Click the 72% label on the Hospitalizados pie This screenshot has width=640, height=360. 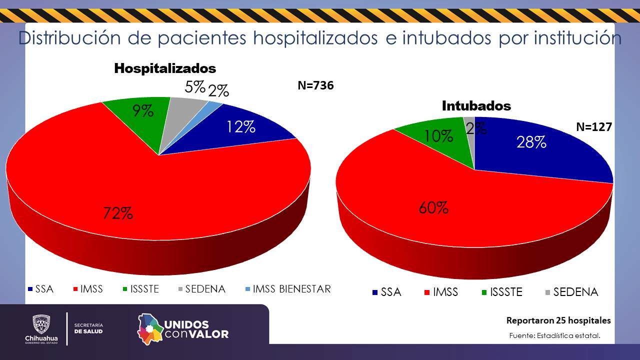point(118,213)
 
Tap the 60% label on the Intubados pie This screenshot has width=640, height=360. point(433,207)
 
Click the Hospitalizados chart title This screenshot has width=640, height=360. point(165,68)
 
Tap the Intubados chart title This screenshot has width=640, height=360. point(476,106)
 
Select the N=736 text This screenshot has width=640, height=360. point(315,85)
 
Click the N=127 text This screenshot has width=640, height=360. point(594,127)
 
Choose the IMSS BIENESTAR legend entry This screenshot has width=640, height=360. point(288,289)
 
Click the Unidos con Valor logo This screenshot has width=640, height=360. point(183,328)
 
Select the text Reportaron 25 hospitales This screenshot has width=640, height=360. point(558,320)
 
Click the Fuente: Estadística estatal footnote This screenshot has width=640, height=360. point(554,335)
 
